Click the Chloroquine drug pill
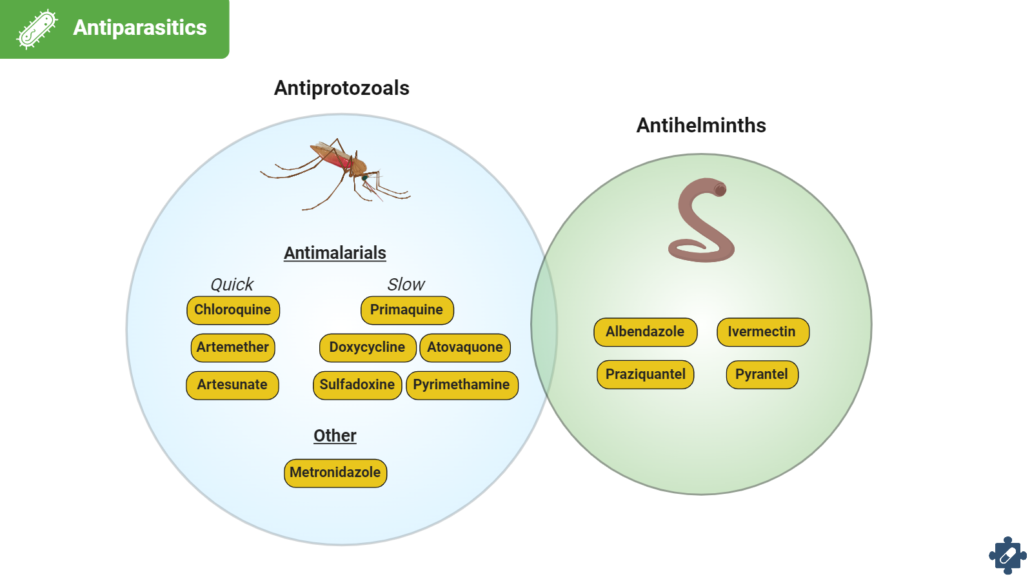pos(233,310)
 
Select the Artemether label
pos(233,347)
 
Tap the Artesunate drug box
pos(232,385)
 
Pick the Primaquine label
pos(406,310)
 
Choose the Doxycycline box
pos(367,347)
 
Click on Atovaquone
pos(464,347)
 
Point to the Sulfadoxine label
pos(357,385)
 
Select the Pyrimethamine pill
pos(461,385)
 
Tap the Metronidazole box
pos(335,473)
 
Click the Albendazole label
pos(645,332)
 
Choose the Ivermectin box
pos(762,332)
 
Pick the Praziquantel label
pos(645,374)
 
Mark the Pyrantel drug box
pos(762,374)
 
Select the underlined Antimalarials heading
pos(335,253)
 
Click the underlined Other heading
pos(335,436)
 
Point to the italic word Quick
pos(232,285)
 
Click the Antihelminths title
pos(701,125)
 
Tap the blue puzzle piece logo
pos(1007,555)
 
